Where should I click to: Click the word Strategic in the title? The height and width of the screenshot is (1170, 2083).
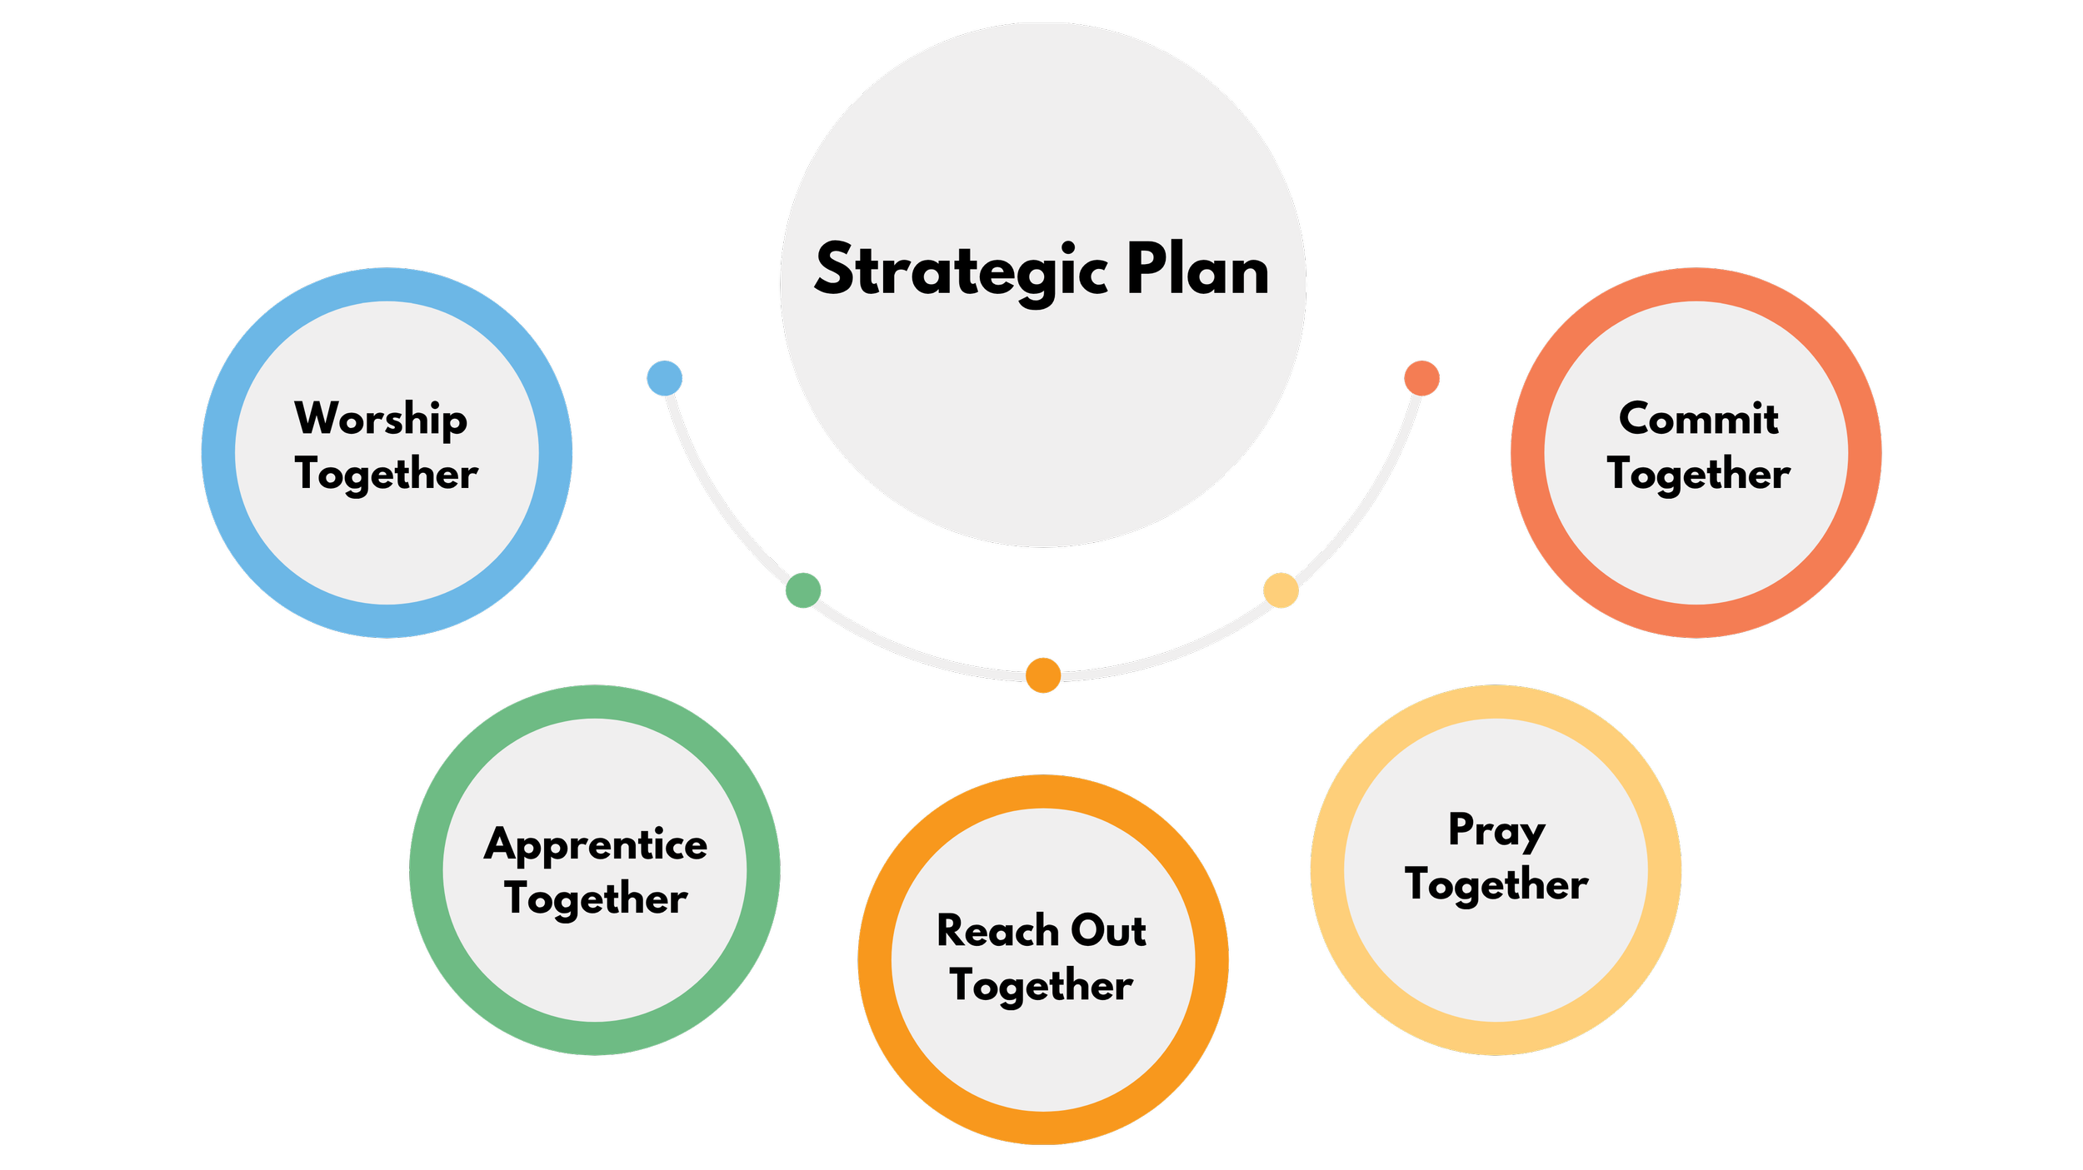tap(962, 271)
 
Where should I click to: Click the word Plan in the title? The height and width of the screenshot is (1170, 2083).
tap(1198, 267)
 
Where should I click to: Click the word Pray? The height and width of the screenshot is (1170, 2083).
tap(1496, 831)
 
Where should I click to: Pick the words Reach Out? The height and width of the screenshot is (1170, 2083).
tap(1041, 930)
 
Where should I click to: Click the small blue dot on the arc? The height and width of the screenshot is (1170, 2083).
tap(665, 378)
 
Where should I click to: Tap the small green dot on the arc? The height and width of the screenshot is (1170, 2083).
tap(803, 590)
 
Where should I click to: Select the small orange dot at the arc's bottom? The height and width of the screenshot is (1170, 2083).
tap(1043, 675)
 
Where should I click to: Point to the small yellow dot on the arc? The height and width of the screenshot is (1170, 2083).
tap(1281, 590)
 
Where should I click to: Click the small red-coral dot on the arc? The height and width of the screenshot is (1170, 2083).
tap(1421, 378)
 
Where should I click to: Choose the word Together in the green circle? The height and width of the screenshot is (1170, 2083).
tap(596, 900)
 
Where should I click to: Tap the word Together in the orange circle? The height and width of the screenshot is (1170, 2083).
tap(1041, 987)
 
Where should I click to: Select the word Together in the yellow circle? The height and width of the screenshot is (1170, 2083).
tap(1496, 885)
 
